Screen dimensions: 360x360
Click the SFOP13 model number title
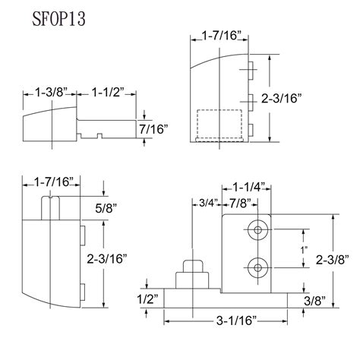(52, 19)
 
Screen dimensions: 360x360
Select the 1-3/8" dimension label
(50, 93)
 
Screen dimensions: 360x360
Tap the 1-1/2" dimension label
(107, 93)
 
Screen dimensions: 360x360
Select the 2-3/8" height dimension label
(335, 260)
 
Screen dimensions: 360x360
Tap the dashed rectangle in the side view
(220, 126)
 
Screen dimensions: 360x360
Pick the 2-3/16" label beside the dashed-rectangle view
(302, 98)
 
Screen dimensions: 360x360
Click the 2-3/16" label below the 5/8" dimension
(125, 259)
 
